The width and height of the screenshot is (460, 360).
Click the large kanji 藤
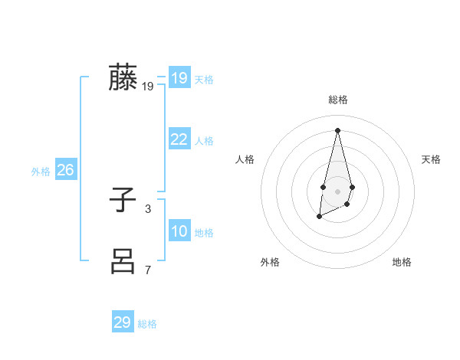[x=123, y=77]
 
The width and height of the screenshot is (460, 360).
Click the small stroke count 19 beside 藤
[x=148, y=87]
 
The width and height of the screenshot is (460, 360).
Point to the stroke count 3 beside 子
[x=148, y=208]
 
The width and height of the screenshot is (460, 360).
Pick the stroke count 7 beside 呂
[x=148, y=270]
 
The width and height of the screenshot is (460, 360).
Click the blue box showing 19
[x=179, y=78]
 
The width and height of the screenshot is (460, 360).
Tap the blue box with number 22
[x=179, y=139]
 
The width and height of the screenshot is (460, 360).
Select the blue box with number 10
[x=179, y=231]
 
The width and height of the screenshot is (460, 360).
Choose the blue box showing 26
[x=65, y=170]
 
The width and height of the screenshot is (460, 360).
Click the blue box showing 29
[x=123, y=322]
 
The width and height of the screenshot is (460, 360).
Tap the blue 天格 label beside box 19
[x=204, y=80]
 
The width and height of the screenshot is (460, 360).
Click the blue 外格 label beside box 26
[x=41, y=172]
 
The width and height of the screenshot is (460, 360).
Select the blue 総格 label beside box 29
[x=147, y=324]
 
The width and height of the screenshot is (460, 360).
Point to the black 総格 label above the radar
[x=338, y=100]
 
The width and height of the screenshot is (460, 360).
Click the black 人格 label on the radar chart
[x=245, y=159]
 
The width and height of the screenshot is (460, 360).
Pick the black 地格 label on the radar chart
[x=402, y=262]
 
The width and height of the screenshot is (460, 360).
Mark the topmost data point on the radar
[x=338, y=129]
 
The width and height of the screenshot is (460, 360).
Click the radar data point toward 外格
[x=319, y=218]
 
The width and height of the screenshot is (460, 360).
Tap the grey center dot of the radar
[x=338, y=191]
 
